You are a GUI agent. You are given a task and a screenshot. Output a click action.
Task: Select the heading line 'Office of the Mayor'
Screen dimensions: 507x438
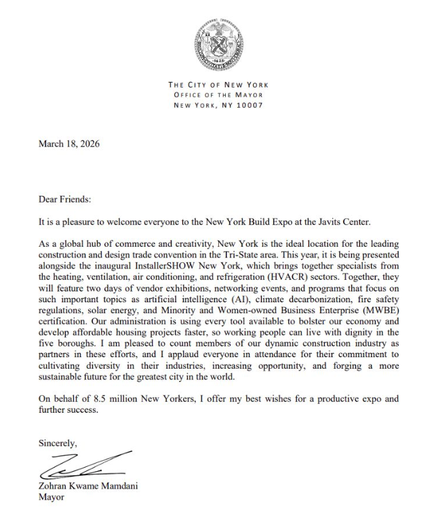[x=218, y=95]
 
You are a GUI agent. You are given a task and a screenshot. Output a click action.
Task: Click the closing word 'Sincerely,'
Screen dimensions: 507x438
[x=58, y=443]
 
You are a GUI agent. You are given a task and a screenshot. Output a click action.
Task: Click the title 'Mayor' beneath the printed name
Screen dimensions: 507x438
[x=53, y=496]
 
